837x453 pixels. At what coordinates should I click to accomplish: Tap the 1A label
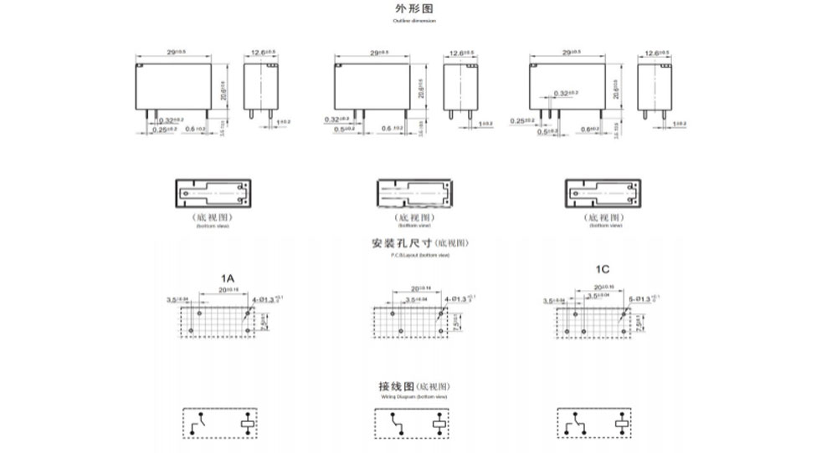[228, 277]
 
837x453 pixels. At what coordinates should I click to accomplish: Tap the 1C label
[602, 270]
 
